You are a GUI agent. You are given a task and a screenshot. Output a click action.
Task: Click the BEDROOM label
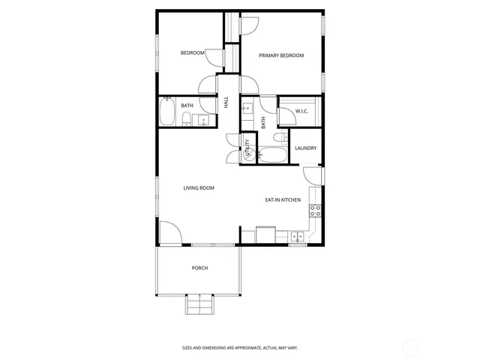coord(193,52)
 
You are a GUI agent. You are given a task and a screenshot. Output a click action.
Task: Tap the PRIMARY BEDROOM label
coord(281,55)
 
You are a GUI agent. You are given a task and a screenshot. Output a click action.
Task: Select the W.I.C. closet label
coord(302,111)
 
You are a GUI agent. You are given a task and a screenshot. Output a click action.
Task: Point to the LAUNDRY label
coord(305,148)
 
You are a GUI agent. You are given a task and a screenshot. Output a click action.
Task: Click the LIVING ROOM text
coord(199,187)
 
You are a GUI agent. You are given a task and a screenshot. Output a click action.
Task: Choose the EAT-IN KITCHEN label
coord(283,199)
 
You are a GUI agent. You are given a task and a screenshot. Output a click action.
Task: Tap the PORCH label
coord(199,268)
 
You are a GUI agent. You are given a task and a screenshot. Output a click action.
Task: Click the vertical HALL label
coord(226,102)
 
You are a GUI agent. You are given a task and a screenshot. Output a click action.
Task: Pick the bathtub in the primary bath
coord(271,156)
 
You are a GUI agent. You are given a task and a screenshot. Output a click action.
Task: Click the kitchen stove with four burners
coord(316,211)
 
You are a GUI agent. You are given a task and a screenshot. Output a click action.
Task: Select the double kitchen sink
coord(298,237)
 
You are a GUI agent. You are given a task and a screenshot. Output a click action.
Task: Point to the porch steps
coord(199,306)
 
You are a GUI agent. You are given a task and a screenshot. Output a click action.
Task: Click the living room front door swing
coord(168,233)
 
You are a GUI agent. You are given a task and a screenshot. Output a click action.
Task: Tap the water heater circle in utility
coord(248,153)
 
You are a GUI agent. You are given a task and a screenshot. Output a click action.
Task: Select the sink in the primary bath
coord(247,109)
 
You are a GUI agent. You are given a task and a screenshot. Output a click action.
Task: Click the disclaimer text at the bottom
coord(239,347)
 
